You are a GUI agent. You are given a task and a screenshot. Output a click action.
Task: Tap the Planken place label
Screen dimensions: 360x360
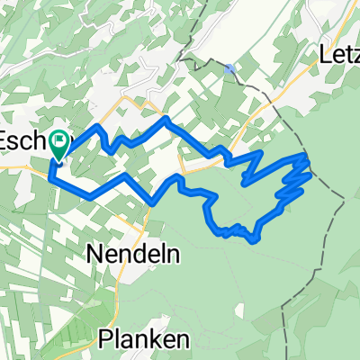point(133,339)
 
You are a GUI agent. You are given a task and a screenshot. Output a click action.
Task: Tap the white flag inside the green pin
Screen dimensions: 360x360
point(59,139)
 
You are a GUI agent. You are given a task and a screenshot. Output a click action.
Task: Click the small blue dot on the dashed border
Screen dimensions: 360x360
point(230,67)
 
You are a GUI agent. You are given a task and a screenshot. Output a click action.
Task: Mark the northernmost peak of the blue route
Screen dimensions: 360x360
point(165,118)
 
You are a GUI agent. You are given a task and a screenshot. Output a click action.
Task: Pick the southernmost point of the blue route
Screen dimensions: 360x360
point(256,241)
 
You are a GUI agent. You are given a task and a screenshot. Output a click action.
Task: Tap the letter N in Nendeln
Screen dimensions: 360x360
point(96,255)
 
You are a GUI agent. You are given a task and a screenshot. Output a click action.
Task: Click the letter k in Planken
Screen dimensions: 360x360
point(141,339)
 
